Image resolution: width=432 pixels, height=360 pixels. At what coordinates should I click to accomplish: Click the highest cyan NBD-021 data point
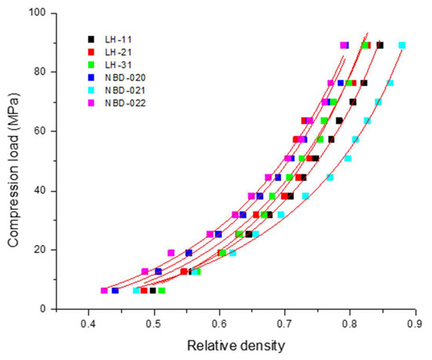click(402, 45)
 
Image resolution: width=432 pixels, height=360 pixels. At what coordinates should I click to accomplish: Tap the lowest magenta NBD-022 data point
click(104, 291)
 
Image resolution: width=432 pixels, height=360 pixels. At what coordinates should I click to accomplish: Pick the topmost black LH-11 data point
click(380, 45)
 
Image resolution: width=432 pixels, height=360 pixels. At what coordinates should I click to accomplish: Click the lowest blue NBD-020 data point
click(115, 291)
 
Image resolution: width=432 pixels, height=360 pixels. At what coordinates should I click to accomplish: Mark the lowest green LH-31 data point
click(162, 291)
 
